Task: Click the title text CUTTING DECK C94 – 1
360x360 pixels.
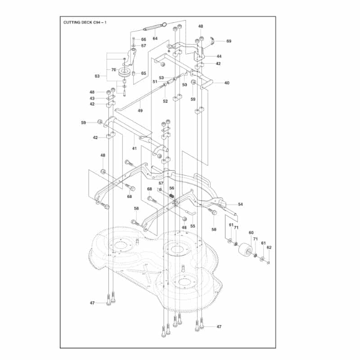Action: click(85, 22)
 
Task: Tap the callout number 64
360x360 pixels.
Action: click(155, 38)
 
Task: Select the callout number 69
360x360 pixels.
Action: click(229, 41)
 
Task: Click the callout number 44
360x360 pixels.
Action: click(219, 56)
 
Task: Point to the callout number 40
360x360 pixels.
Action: click(227, 83)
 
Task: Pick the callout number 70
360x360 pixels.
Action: click(114, 70)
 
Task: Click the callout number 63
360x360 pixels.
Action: click(97, 76)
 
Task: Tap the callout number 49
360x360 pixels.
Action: click(140, 111)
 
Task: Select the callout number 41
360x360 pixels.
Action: click(134, 148)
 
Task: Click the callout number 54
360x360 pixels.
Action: click(240, 204)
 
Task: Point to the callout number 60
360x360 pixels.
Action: click(251, 233)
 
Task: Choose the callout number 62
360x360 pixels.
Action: click(269, 247)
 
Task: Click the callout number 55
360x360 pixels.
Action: click(193, 226)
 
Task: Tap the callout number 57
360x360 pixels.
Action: click(161, 183)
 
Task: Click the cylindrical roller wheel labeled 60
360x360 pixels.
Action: click(245, 250)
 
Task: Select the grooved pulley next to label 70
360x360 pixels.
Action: click(124, 72)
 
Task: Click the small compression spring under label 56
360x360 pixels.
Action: click(171, 196)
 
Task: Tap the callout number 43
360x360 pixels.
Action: click(92, 98)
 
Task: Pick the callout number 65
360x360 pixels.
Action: click(144, 73)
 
